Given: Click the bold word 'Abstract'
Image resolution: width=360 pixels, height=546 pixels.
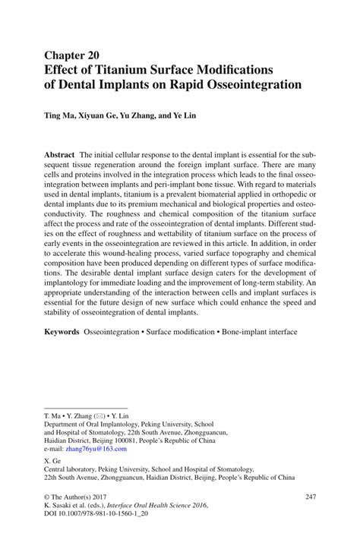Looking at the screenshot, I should (60, 153).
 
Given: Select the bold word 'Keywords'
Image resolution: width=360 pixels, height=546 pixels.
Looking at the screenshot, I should (62, 332).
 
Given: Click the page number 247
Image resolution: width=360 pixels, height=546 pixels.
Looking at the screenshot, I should (309, 496).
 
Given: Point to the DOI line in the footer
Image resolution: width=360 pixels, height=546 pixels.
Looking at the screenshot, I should (93, 514).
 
